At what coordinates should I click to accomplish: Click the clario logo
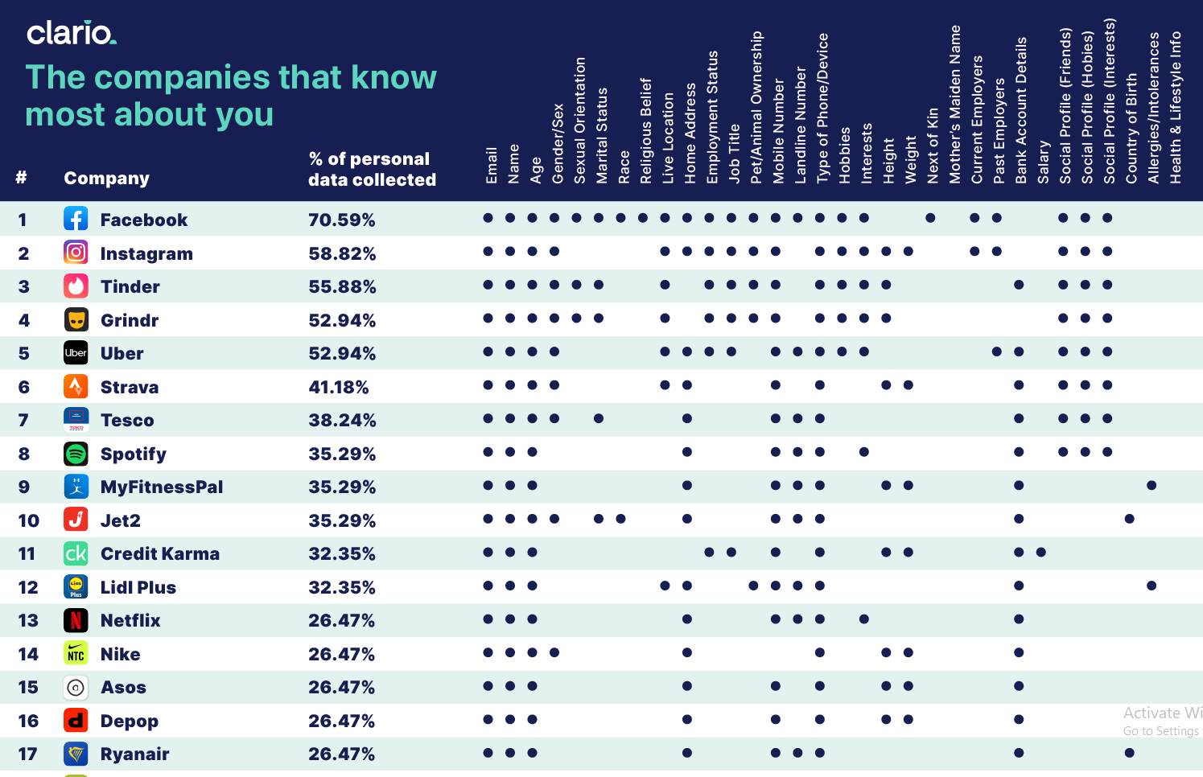coord(71,33)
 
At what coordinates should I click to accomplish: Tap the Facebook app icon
coord(76,219)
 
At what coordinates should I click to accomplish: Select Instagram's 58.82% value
coord(341,254)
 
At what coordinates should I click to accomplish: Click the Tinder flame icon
coord(76,286)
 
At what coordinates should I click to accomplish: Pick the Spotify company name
coord(133,454)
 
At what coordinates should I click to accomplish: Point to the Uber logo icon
coord(76,353)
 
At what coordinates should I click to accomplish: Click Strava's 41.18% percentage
coord(338,388)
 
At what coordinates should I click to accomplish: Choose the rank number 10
coord(28,521)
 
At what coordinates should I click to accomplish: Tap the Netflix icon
coord(76,620)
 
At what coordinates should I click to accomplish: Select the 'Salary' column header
coord(1043,162)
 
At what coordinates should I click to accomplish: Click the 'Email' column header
coord(491,164)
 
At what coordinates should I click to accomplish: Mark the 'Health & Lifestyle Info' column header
coord(1175,107)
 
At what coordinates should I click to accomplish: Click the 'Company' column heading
coord(106,179)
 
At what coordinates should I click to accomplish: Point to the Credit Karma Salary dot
coord(1041,553)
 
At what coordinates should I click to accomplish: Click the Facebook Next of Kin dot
coord(930,218)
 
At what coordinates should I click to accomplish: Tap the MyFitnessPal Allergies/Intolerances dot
coord(1152,486)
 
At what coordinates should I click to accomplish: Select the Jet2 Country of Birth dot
coord(1130,519)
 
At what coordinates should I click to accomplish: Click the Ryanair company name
coord(134,754)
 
